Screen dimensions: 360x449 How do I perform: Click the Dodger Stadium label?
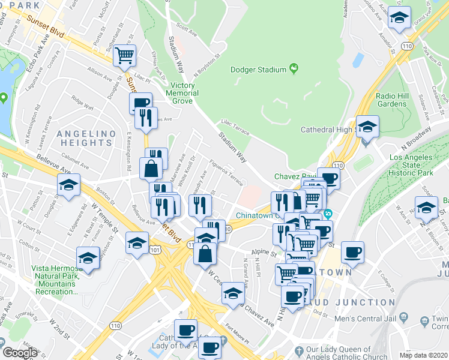(x=259, y=70)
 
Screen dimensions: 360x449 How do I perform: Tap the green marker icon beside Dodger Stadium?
(x=294, y=70)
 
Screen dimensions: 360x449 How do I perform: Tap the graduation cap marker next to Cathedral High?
(x=367, y=127)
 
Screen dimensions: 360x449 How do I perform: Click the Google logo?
(x=20, y=353)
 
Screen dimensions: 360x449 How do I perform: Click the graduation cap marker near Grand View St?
(x=399, y=18)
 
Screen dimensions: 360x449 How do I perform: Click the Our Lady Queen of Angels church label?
(x=348, y=353)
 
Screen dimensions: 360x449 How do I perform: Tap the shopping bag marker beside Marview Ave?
(x=151, y=169)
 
